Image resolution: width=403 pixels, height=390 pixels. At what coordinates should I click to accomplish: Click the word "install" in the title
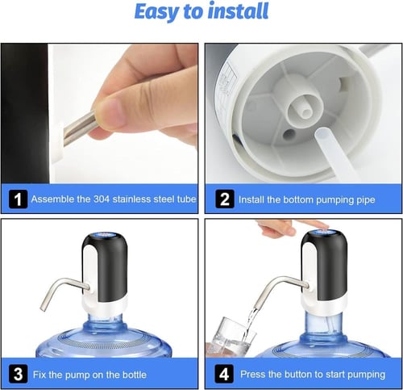click(238, 11)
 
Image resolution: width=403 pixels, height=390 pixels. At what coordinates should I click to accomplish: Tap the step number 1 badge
click(18, 199)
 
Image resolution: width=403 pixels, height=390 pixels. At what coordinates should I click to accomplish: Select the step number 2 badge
click(225, 199)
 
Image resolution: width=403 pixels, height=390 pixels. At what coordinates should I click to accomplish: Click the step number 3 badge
click(18, 374)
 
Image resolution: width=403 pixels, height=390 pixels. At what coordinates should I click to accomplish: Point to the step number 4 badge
click(224, 374)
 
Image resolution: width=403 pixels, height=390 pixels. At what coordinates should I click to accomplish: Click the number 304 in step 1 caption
click(102, 199)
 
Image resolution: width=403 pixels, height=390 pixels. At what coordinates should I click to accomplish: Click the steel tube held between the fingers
click(78, 127)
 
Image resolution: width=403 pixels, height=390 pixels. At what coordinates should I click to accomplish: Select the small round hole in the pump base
click(289, 134)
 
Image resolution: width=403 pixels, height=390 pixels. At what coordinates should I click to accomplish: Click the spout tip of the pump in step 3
click(43, 308)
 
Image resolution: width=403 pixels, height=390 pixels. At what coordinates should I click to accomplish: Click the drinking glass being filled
click(231, 337)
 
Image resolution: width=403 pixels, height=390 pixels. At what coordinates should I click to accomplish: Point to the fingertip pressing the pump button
click(322, 227)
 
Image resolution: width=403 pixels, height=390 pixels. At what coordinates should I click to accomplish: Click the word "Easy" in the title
click(156, 12)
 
